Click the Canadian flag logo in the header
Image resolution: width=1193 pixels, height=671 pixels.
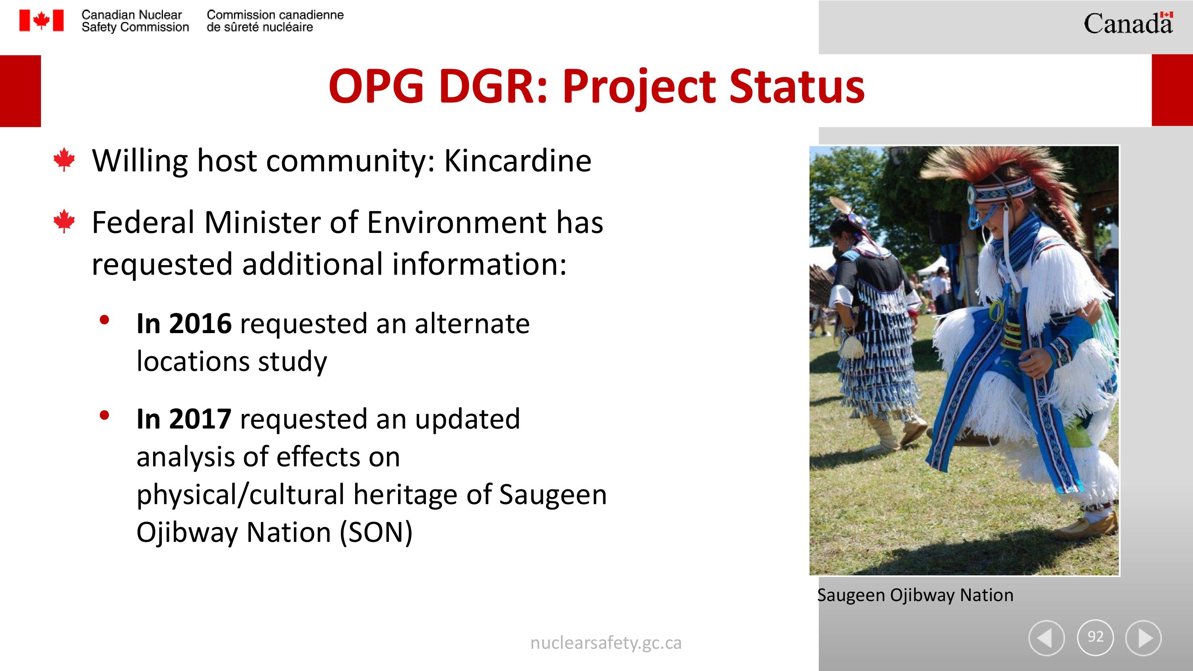pyautogui.click(x=41, y=21)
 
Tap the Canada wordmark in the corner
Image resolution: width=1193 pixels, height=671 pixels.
pyautogui.click(x=1128, y=23)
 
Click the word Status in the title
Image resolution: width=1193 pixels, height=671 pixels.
pyautogui.click(x=797, y=87)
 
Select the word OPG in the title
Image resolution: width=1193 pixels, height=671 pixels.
pyautogui.click(x=376, y=87)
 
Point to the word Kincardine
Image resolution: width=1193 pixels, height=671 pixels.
pyautogui.click(x=518, y=161)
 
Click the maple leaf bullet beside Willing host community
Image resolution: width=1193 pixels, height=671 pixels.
pyautogui.click(x=64, y=160)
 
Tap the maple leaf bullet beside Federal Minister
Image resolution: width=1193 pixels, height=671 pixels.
pyautogui.click(x=64, y=221)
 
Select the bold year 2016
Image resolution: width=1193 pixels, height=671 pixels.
pyautogui.click(x=200, y=323)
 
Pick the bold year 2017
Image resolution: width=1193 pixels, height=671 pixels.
pyautogui.click(x=200, y=419)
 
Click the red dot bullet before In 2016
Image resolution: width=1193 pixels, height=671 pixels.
pyautogui.click(x=104, y=320)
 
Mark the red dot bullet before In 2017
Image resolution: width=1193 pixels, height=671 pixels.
pyautogui.click(x=104, y=415)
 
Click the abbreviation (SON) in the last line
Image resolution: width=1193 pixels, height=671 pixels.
pyautogui.click(x=376, y=533)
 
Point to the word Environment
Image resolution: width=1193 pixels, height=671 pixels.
pyautogui.click(x=456, y=222)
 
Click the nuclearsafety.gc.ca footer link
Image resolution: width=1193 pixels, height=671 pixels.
pyautogui.click(x=606, y=643)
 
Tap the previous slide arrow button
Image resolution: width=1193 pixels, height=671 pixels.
pyautogui.click(x=1046, y=638)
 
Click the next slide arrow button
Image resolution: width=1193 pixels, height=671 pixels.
pyautogui.click(x=1143, y=638)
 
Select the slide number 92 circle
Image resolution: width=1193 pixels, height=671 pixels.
pyautogui.click(x=1095, y=638)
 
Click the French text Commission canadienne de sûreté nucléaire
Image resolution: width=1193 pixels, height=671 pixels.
pyautogui.click(x=275, y=21)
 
